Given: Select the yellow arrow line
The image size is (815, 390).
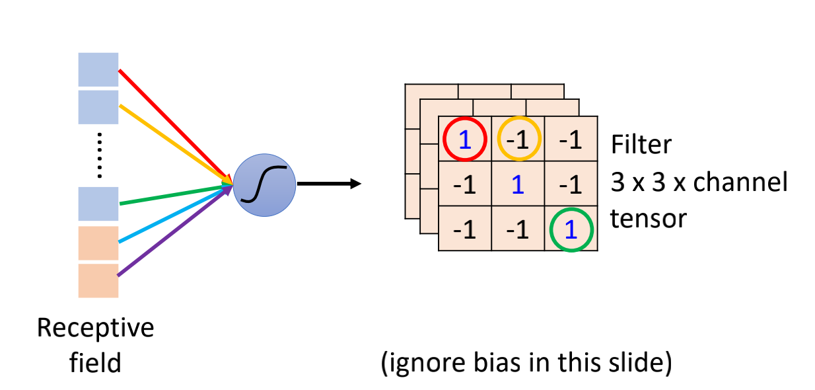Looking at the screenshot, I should (x=175, y=142).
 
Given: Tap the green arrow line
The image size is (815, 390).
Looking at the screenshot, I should (x=175, y=194).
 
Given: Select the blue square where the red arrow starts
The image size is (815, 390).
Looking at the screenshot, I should (x=98, y=69).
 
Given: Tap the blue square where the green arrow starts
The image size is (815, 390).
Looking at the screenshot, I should (x=98, y=204).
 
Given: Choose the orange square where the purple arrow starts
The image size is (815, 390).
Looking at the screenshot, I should (x=98, y=281).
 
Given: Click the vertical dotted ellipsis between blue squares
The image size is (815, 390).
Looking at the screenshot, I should (x=98, y=155).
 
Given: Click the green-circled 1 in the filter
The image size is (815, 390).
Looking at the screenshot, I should (x=571, y=229).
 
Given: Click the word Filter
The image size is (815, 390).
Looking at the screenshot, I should (x=641, y=144).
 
